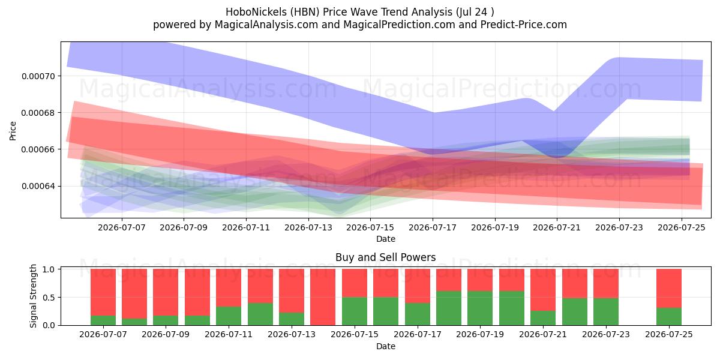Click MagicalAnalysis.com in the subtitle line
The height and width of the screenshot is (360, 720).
(266, 25)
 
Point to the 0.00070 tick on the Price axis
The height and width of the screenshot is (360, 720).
(38, 77)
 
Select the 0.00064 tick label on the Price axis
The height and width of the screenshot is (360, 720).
(38, 187)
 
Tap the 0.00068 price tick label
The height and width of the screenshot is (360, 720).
(38, 113)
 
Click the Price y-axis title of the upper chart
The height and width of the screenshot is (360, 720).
(13, 131)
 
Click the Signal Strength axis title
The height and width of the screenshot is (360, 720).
(33, 296)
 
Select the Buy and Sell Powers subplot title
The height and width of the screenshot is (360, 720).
(385, 257)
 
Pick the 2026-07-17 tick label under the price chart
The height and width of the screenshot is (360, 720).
(433, 227)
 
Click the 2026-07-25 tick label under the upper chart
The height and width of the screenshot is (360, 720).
(682, 227)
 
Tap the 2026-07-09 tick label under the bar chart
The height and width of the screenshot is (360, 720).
(166, 335)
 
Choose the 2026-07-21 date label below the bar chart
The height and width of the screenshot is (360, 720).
(543, 335)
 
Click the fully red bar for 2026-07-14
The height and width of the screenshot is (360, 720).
(323, 297)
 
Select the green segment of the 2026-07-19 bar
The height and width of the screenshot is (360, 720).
(480, 308)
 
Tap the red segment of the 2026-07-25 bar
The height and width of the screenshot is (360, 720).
(669, 289)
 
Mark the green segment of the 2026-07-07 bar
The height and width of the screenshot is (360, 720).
(103, 320)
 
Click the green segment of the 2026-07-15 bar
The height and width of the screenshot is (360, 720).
(355, 311)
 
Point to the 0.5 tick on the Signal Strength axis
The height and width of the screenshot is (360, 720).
(49, 298)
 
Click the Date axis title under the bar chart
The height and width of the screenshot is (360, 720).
(386, 346)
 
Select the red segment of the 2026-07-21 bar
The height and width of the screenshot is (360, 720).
(543, 290)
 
